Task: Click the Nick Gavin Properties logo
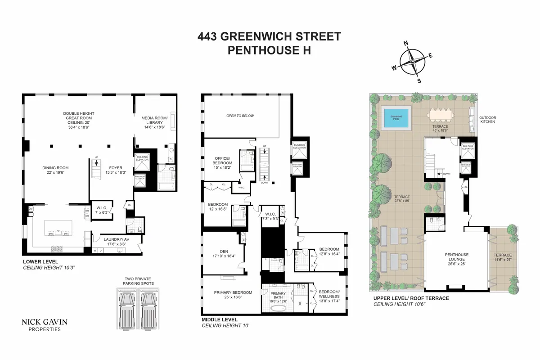click(x=41, y=325)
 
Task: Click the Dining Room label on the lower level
click(x=56, y=170)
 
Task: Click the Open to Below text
click(x=240, y=116)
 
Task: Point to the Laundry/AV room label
click(x=109, y=242)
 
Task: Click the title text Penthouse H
click(x=270, y=50)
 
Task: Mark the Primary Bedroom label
click(x=233, y=295)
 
